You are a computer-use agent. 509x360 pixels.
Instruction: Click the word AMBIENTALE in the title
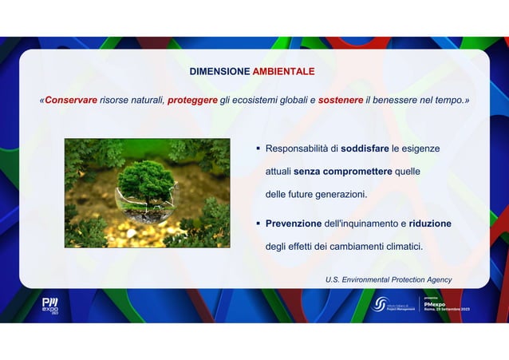(283, 72)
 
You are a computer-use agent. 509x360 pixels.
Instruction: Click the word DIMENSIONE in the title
(219, 72)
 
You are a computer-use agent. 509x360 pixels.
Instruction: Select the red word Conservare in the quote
(71, 101)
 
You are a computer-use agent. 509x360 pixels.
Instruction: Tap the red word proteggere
(192, 101)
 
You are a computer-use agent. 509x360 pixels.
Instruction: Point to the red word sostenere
(341, 101)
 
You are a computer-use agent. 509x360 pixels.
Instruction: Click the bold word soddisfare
(365, 149)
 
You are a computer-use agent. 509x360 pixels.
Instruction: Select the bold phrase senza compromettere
(342, 172)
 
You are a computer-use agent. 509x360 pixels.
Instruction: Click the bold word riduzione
(431, 224)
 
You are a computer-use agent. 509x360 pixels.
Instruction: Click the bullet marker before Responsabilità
(258, 149)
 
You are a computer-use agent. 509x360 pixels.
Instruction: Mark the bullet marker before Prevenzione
(258, 224)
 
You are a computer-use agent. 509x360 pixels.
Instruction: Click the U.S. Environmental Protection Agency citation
(388, 279)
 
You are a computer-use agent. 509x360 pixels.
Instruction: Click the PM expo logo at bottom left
(50, 306)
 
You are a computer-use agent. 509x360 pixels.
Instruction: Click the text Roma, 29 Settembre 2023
(446, 310)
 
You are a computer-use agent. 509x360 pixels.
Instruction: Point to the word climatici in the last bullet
(400, 247)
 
